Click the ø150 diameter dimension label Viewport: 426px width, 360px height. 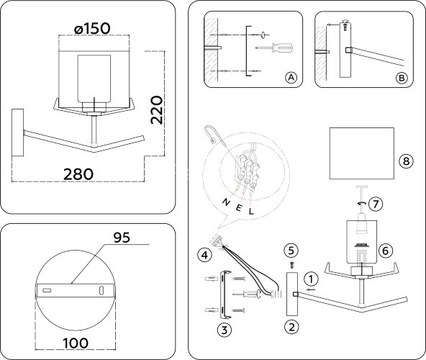92,27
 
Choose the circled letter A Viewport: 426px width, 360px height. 291,77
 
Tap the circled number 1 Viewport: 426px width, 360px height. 309,277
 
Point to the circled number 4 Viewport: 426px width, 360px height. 205,253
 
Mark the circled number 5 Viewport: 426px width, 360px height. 291,250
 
